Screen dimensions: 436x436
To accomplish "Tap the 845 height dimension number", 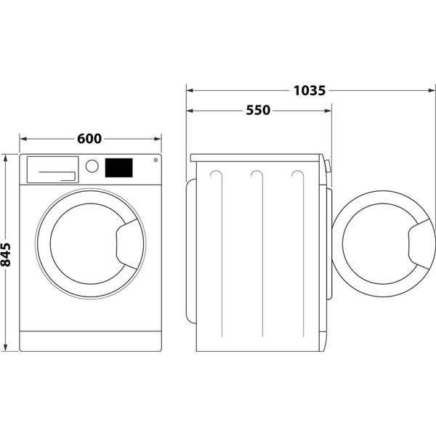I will click(7, 254).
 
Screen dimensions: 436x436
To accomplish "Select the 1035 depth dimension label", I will click(309, 91).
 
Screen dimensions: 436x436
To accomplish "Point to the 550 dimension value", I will click(257, 110).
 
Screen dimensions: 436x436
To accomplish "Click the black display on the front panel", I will click(118, 168).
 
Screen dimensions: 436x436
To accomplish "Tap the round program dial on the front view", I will click(92, 166).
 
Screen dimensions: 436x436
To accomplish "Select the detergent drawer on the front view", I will click(52, 169).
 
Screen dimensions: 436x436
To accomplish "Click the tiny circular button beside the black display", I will click(154, 161).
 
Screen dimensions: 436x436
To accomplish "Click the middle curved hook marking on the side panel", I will click(256, 178).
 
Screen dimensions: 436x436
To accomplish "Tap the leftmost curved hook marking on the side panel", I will click(214, 178).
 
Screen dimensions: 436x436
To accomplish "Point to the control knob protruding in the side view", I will click(328, 166).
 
